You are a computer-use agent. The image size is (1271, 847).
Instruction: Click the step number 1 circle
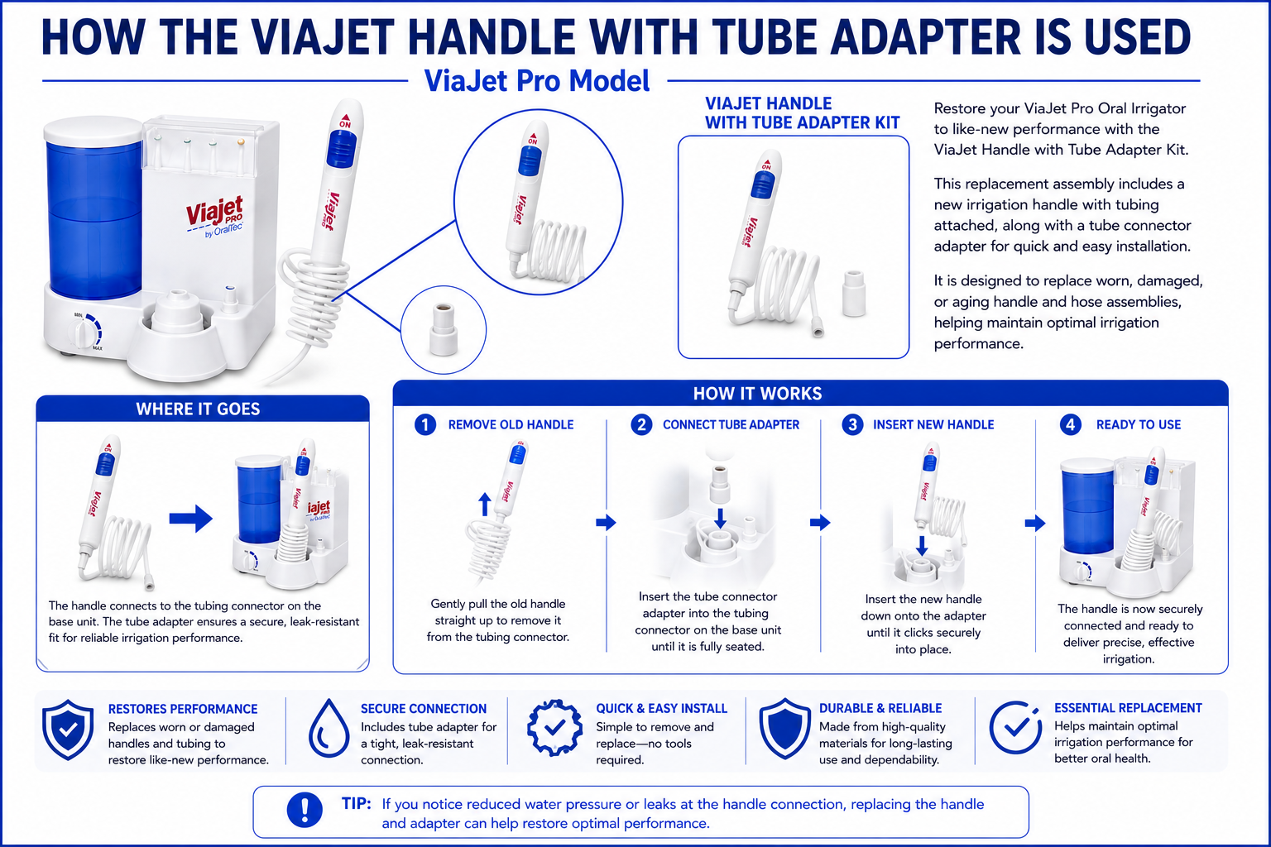tap(425, 424)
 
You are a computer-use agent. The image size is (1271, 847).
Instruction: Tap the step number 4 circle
tap(1070, 424)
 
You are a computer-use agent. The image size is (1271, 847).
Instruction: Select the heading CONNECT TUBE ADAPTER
tap(731, 424)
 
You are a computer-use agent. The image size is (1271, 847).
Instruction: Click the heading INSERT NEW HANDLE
tap(933, 424)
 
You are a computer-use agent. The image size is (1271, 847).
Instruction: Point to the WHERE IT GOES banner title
tap(198, 409)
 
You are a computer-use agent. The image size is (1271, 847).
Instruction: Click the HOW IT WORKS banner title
tap(757, 394)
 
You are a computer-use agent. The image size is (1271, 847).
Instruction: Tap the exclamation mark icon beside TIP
tap(305, 810)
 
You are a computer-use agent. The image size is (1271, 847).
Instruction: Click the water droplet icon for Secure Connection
tap(329, 728)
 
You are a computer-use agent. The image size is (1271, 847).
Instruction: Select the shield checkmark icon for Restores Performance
tap(68, 730)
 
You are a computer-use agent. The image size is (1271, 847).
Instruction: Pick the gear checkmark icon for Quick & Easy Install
tap(555, 727)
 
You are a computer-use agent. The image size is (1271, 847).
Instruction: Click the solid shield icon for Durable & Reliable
tap(784, 729)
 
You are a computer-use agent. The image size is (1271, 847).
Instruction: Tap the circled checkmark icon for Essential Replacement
tap(1014, 727)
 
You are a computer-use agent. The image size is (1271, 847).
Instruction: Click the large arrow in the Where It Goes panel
tap(191, 518)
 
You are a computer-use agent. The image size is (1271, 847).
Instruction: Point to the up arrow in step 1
tap(485, 504)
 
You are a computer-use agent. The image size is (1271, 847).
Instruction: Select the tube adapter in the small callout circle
tap(444, 329)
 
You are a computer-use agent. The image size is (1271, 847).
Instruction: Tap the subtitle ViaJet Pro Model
tap(537, 80)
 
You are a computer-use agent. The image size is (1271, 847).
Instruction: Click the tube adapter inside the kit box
tap(854, 294)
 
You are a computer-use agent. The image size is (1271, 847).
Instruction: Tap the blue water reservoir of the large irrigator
tap(94, 218)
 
